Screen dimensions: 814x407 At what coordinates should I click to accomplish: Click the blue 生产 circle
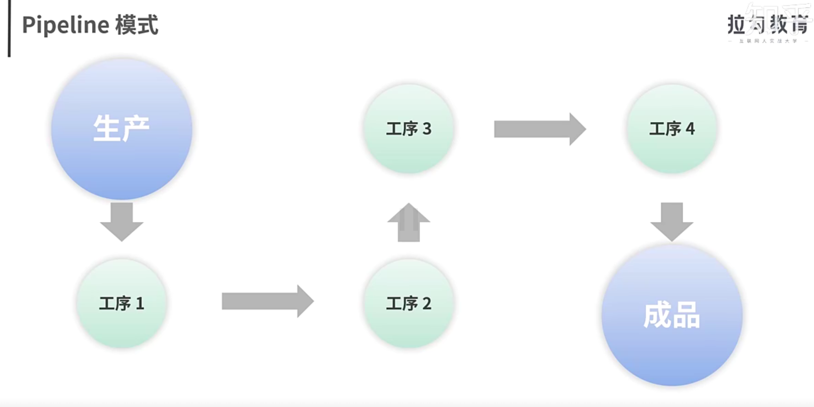[x=122, y=129]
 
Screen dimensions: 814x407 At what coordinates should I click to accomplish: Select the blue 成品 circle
[x=671, y=315]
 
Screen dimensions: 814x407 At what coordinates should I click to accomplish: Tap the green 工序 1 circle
[x=122, y=303]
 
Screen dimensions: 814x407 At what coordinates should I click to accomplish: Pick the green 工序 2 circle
[x=408, y=303]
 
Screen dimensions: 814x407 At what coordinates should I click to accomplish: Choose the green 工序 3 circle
[x=408, y=129]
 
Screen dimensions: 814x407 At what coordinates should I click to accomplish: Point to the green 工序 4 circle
[x=671, y=129]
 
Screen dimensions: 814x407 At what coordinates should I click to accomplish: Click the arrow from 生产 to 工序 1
[x=122, y=221]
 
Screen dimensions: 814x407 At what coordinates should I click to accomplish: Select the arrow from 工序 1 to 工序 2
[x=267, y=301]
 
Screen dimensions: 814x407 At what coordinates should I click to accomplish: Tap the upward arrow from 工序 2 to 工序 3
[x=408, y=222]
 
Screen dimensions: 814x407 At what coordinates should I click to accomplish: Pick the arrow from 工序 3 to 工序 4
[x=539, y=129]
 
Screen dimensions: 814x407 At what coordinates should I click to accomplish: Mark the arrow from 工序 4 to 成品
[x=671, y=221]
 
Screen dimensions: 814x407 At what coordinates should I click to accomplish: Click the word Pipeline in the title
[x=65, y=25]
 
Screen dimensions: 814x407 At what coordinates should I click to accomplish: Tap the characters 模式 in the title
[x=137, y=25]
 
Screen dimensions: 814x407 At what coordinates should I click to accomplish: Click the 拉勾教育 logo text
[x=767, y=25]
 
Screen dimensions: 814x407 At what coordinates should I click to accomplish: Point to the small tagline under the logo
[x=768, y=41]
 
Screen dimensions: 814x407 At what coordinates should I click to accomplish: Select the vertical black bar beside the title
[x=9, y=28]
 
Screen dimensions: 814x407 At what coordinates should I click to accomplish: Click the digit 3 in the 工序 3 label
[x=427, y=129]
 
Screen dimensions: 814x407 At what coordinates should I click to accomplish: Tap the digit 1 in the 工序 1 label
[x=140, y=304]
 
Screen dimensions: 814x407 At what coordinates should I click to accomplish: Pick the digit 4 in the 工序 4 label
[x=690, y=129]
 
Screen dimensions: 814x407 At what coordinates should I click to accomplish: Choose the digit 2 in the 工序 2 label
[x=427, y=304]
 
